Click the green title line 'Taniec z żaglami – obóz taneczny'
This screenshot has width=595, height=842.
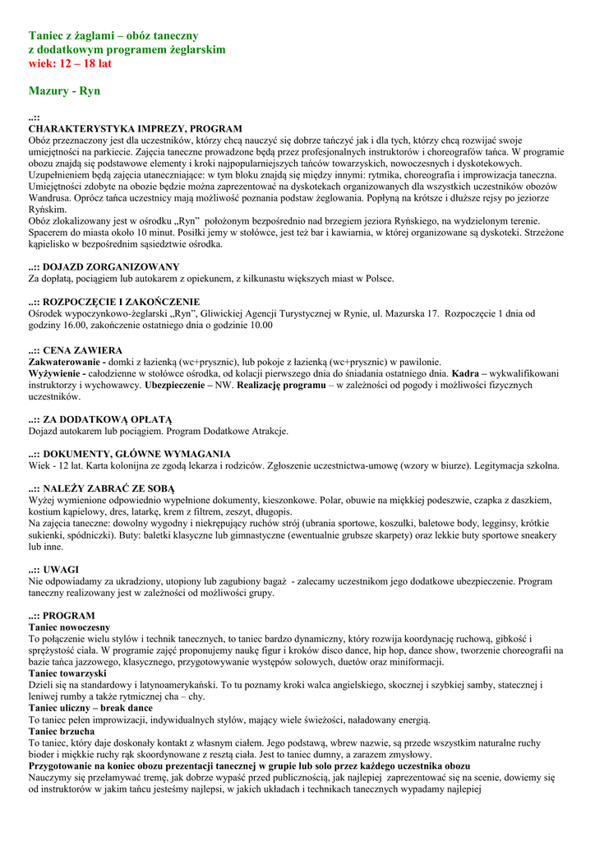click(113, 35)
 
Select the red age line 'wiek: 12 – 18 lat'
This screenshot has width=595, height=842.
click(70, 63)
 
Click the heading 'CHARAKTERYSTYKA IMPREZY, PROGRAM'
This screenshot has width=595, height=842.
click(136, 129)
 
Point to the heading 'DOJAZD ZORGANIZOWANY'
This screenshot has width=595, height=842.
click(111, 267)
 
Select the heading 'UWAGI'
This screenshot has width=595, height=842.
click(61, 569)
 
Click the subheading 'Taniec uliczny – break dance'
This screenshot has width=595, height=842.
click(90, 708)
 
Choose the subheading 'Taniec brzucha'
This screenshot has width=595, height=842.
click(61, 731)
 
